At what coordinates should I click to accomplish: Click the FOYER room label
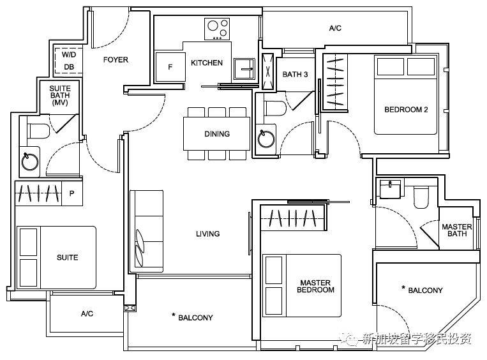click(x=116, y=59)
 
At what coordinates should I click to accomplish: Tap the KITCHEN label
click(x=207, y=63)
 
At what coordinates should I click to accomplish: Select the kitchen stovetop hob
click(x=217, y=29)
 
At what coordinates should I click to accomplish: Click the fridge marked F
click(x=170, y=67)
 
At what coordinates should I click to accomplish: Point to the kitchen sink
click(x=244, y=69)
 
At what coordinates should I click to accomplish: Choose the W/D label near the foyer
click(x=69, y=55)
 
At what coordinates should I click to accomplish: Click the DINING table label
click(x=217, y=134)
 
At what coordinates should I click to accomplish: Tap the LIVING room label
click(x=208, y=234)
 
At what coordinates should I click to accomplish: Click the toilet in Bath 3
click(x=275, y=109)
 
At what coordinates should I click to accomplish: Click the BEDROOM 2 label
click(x=406, y=110)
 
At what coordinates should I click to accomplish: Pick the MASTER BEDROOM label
click(x=315, y=287)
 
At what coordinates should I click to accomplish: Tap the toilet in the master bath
click(x=421, y=197)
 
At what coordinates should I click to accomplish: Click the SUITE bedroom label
click(x=68, y=257)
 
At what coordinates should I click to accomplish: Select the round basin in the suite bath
click(x=30, y=161)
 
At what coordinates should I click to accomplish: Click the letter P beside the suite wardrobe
click(x=71, y=193)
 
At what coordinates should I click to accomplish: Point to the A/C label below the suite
click(x=87, y=313)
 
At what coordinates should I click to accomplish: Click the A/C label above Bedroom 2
click(x=335, y=28)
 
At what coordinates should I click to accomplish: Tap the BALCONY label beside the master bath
click(x=425, y=290)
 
